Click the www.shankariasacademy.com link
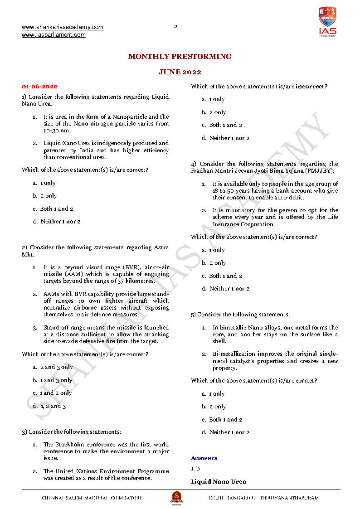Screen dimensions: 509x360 [x=63, y=27]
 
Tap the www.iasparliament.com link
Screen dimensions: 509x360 [x=54, y=35]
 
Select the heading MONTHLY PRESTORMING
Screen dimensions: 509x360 [x=180, y=57]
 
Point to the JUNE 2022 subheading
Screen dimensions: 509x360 [x=180, y=72]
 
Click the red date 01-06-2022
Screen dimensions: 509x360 [x=39, y=87]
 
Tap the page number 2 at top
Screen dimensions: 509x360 [x=176, y=26]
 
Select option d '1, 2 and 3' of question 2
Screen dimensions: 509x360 [x=53, y=406]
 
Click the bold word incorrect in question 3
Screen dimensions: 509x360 [x=311, y=87]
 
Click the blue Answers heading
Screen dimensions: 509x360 [x=204, y=458]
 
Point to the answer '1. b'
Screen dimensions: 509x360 [x=195, y=468]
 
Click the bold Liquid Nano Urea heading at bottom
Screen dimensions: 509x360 [x=219, y=481]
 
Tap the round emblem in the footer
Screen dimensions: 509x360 [x=176, y=497]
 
